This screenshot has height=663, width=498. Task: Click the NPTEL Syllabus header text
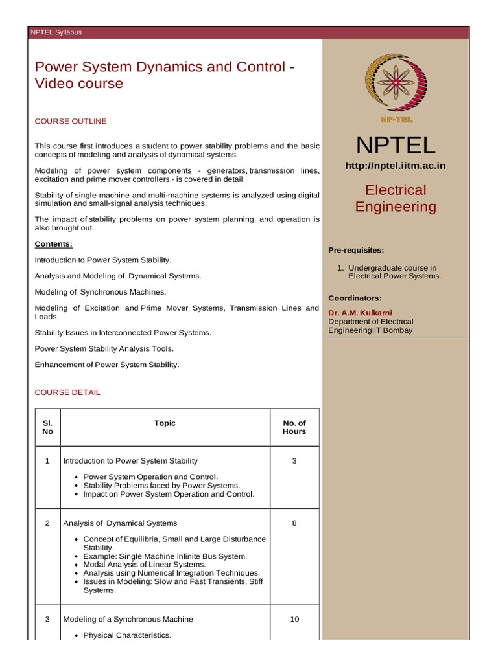pyautogui.click(x=56, y=32)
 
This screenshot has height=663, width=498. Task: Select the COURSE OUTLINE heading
pyautogui.click(x=71, y=121)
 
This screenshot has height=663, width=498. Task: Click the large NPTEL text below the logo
pyautogui.click(x=395, y=145)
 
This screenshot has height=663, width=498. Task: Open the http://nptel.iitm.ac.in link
pyautogui.click(x=395, y=166)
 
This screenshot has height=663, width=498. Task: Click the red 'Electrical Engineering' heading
pyautogui.click(x=396, y=198)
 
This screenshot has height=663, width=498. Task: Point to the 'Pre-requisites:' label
pyautogui.click(x=356, y=250)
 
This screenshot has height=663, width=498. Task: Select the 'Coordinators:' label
pyautogui.click(x=355, y=298)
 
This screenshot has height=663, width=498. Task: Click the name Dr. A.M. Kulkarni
pyautogui.click(x=360, y=313)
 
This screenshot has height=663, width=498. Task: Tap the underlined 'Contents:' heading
pyautogui.click(x=53, y=244)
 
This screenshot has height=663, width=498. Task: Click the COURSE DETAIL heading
pyautogui.click(x=67, y=392)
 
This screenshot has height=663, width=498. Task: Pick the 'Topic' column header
pyautogui.click(x=165, y=423)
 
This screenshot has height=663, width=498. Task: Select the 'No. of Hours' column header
pyautogui.click(x=294, y=427)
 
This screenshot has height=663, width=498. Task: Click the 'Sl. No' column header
pyautogui.click(x=47, y=427)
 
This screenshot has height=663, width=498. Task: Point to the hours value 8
pyautogui.click(x=294, y=523)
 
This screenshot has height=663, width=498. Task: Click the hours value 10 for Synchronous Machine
pyautogui.click(x=294, y=619)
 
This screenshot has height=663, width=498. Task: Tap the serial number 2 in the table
pyautogui.click(x=47, y=523)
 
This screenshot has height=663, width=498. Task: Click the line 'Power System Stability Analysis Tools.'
pyautogui.click(x=104, y=348)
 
